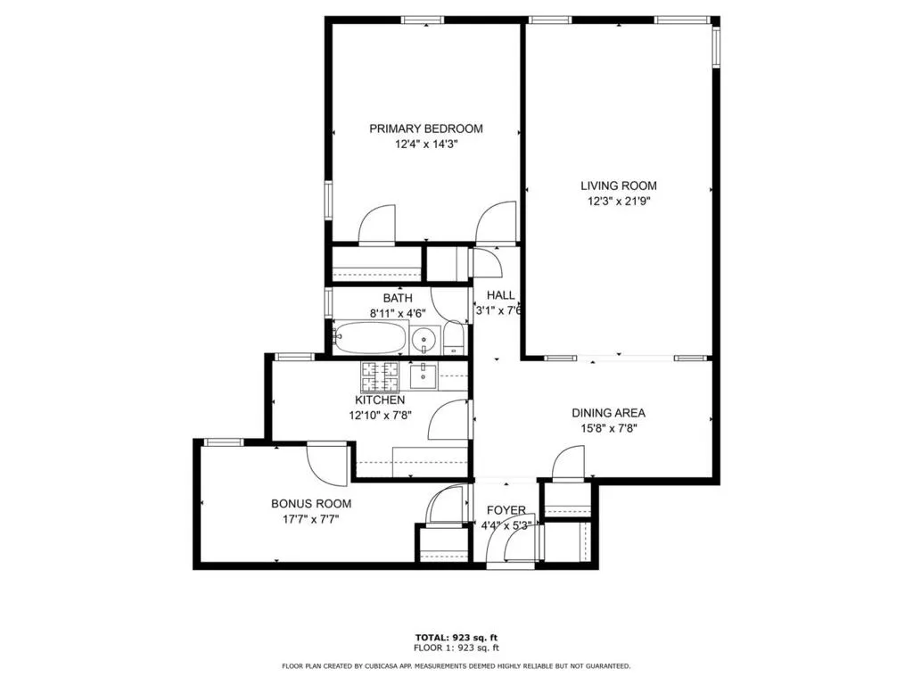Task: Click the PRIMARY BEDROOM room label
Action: [x=426, y=128]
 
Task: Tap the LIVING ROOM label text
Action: [x=619, y=186]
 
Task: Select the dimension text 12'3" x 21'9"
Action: [x=619, y=202]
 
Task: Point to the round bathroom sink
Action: [x=425, y=339]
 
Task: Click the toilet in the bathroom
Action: [x=454, y=338]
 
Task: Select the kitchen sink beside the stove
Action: [x=424, y=376]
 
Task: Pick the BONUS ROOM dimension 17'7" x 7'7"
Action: [x=311, y=519]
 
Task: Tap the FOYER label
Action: [x=506, y=510]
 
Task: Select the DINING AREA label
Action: [x=608, y=413]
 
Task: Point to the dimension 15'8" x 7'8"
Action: [x=608, y=427]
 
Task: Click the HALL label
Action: [x=500, y=295]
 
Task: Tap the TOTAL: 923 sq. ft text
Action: [x=456, y=637]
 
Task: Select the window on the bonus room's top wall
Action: [x=224, y=442]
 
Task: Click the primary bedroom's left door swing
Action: [x=377, y=225]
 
